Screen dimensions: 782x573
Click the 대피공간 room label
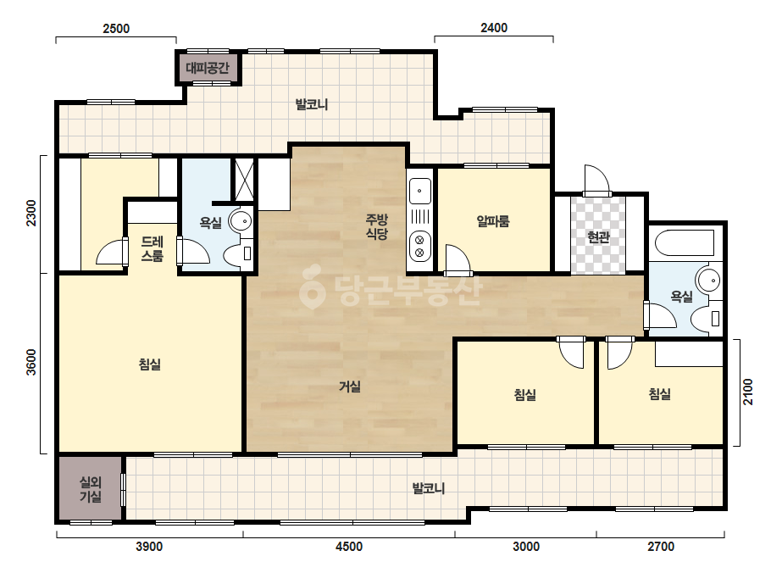coord(208,68)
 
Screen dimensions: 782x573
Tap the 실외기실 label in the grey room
coord(91,489)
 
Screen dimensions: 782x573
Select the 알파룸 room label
coord(493,221)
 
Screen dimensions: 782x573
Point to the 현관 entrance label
coord(598,237)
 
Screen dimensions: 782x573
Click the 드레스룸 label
coord(153,249)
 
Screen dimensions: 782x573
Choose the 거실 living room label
coord(350,386)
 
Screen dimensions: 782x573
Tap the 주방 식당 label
coord(376,226)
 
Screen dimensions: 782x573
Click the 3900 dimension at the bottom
coord(149,547)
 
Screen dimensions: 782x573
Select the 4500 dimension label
coord(349,547)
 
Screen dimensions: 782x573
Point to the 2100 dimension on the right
coord(747,392)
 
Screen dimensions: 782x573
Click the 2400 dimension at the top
coord(494,28)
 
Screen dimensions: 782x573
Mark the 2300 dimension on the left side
coord(31,213)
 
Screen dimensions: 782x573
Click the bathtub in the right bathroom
coord(685,243)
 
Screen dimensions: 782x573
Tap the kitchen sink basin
coord(420,192)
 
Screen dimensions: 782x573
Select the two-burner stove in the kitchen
coord(419,247)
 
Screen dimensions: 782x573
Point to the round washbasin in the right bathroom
coord(708,281)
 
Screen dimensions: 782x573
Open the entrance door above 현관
coord(596,180)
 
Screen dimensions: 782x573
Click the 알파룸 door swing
coord(458,259)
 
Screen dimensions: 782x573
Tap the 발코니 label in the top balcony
coord(312,105)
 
